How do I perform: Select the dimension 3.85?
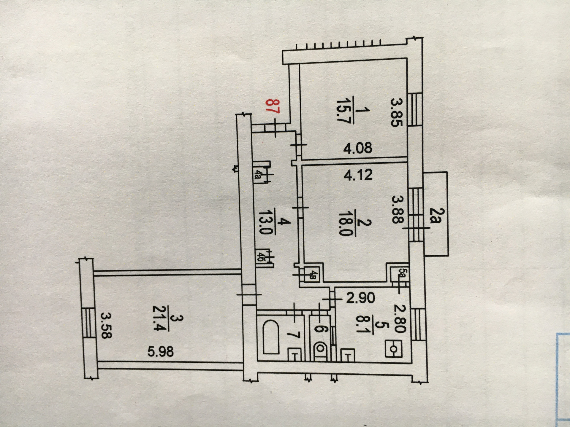pos(396,113)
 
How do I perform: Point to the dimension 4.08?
pos(357,148)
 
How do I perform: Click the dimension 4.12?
pos(358,175)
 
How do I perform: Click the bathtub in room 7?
pos(271,337)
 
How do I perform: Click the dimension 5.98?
pos(161,352)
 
